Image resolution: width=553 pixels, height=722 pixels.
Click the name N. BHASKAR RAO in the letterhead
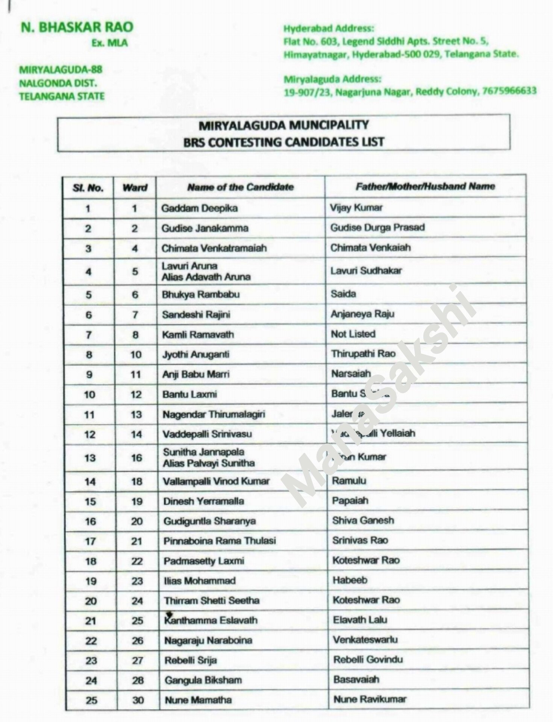coord(77,27)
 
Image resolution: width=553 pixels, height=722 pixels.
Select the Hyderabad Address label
coord(329,29)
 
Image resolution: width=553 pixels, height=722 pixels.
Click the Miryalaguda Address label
coord(332,79)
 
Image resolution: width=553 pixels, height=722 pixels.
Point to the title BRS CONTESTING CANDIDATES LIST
coord(284,142)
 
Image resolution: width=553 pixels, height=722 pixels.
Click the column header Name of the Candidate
coord(241,187)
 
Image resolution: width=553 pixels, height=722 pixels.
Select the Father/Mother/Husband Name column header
coord(425,186)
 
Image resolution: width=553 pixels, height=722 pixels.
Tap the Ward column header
coord(135,187)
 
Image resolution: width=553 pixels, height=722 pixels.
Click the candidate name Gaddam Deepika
coord(199,208)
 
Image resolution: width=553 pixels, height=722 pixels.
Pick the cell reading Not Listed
coord(353,334)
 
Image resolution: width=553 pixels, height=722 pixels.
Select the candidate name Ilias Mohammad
coord(199,581)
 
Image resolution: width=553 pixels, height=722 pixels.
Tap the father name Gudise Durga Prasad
coord(377,228)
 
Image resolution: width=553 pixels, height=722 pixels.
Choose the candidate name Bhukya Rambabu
coord(201,294)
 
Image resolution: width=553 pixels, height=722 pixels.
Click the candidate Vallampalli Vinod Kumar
coord(216,481)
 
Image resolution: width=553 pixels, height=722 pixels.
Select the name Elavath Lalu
coord(360,620)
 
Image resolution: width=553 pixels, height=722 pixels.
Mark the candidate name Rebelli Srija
coord(190,660)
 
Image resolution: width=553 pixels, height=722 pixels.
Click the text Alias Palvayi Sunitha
coord(209,463)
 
